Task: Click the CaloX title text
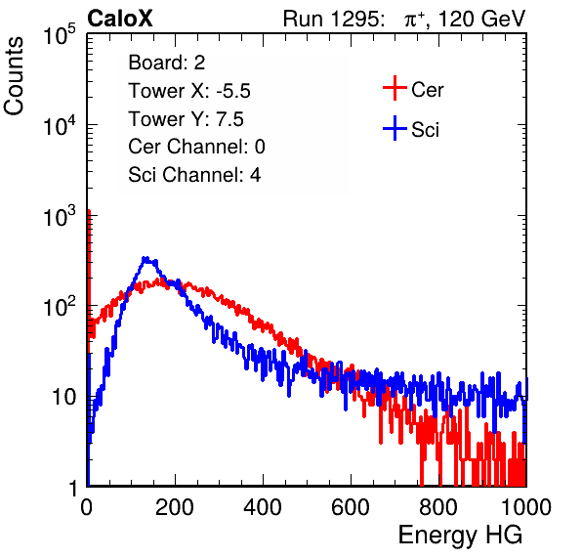119,19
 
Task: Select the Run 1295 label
333,19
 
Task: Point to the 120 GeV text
481,19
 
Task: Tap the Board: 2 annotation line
167,63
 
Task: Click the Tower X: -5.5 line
189,91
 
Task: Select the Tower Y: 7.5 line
186,119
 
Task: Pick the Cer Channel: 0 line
196,147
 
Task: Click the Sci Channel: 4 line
194,174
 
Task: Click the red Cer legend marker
395,88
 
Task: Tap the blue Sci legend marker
395,128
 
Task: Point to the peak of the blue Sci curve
145,257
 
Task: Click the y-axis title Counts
14,76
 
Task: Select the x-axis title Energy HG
460,536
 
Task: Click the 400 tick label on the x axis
263,507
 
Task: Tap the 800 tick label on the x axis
438,507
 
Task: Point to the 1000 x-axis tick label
526,507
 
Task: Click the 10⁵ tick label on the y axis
60,35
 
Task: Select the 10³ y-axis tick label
60,216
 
